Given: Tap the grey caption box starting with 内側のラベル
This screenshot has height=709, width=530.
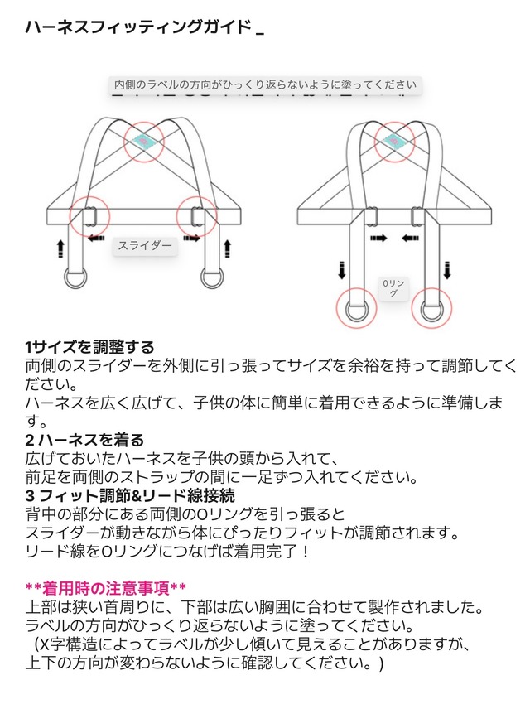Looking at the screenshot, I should [265, 84].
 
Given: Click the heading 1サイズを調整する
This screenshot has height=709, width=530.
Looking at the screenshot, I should [90, 347].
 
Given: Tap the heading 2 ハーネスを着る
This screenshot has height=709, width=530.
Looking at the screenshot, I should [84, 439].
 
